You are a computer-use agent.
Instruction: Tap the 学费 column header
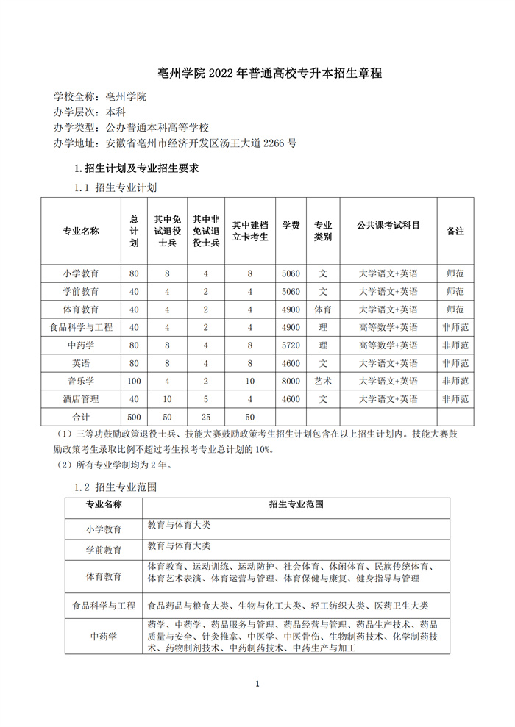pos(291,226)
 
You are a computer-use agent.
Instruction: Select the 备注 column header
pos(455,231)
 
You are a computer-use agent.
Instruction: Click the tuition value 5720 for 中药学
pos(291,345)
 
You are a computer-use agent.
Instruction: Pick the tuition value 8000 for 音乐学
pos(291,381)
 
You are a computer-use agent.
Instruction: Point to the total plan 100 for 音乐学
pos(134,381)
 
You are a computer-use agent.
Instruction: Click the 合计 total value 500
pos(134,417)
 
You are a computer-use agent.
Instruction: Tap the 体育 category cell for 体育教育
pos(323,309)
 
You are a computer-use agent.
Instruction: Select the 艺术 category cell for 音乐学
pos(323,381)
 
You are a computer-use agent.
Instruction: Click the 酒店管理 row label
pos(81,399)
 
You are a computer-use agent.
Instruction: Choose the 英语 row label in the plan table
pos(81,363)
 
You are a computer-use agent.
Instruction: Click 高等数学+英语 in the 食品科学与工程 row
pos(388,327)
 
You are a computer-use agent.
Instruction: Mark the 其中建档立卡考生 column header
pos(250,231)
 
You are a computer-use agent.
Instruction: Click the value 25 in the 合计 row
pos(206,417)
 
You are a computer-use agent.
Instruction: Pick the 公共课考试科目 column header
pos(388,226)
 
